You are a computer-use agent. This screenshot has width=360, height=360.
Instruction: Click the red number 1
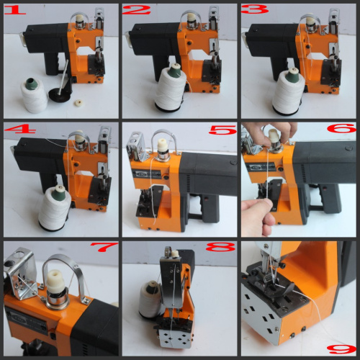click(x=14, y=10)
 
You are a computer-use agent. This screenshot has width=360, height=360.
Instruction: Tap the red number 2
click(x=136, y=10)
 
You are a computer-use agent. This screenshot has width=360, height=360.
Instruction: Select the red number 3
click(x=255, y=9)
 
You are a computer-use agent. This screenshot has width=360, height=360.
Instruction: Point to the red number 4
click(x=19, y=130)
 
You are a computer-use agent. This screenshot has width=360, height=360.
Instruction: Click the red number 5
click(x=222, y=130)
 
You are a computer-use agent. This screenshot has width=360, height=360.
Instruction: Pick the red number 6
click(x=342, y=128)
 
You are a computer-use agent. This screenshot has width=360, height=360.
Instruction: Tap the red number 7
click(x=104, y=247)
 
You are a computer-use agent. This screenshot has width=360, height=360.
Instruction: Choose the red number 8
click(x=220, y=247)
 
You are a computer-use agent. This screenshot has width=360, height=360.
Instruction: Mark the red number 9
click(x=342, y=349)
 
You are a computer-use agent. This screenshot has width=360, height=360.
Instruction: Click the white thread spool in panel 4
click(x=55, y=208)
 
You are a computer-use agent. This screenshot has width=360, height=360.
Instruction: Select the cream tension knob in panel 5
click(x=163, y=146)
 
